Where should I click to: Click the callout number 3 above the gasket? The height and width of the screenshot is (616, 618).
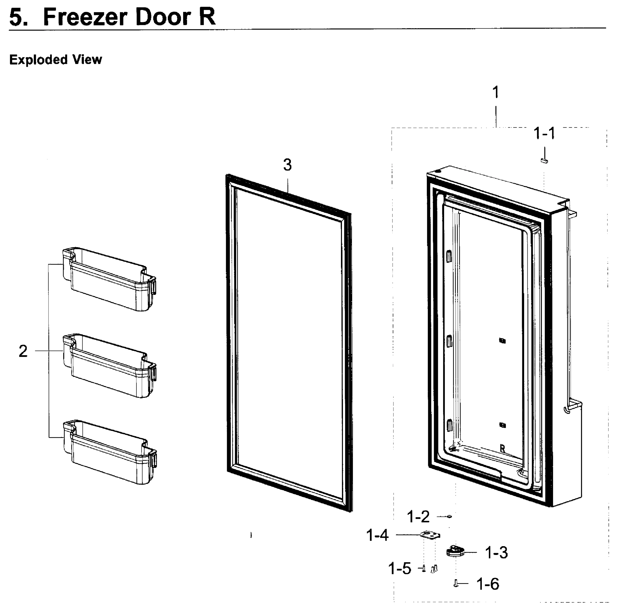[x=288, y=165]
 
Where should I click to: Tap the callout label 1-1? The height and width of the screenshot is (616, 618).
[x=544, y=133]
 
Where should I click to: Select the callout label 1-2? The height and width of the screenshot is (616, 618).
[x=418, y=517]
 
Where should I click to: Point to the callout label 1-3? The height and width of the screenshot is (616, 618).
[x=496, y=553]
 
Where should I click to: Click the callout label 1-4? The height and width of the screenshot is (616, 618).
[x=377, y=535]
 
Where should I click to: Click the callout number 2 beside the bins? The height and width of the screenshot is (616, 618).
[x=23, y=351]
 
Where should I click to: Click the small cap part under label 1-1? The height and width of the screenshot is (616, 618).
[x=544, y=161]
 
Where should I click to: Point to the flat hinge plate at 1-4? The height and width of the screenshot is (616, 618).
[x=430, y=535]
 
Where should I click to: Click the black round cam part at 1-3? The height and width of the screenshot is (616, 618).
[x=455, y=551]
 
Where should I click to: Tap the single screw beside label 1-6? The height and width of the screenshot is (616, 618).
[x=456, y=584]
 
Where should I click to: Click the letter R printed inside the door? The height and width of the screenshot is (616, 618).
[x=503, y=449]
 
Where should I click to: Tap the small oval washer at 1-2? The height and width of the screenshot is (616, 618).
[x=449, y=516]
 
